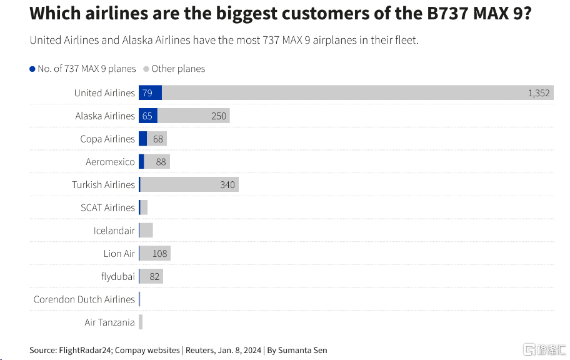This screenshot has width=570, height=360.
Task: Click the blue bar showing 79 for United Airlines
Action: point(150,92)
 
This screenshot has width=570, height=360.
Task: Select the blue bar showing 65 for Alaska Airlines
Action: point(148,116)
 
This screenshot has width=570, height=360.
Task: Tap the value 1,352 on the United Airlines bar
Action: point(538,92)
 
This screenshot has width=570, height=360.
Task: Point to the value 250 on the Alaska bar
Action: point(219,116)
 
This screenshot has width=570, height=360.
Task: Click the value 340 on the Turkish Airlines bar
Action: point(227,184)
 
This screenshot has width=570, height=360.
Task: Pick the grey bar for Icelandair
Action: point(146,231)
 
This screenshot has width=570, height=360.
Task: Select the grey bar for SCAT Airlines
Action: point(144,207)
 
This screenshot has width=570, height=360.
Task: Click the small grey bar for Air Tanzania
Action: point(141,322)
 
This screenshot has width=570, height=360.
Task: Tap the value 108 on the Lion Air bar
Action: point(161,253)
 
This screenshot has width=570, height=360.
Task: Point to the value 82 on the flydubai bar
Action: point(154,276)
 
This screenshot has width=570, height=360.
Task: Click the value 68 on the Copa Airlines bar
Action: point(157,139)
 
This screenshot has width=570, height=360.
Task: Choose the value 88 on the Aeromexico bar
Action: point(161,162)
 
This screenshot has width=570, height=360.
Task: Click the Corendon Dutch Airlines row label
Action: point(84,299)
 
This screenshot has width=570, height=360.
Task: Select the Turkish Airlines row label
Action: point(103,184)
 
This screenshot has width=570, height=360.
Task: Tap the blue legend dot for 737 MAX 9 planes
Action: point(32,69)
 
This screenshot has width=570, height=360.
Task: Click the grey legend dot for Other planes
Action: point(146,69)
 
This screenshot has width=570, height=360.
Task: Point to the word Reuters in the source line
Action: point(202,350)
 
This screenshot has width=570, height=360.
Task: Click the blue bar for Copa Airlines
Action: point(142,139)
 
